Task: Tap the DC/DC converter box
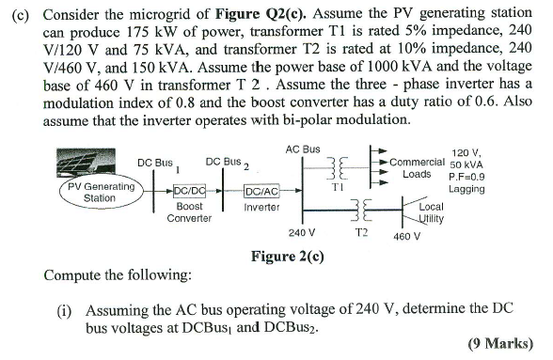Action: (191, 194)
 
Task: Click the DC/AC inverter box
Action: (261, 194)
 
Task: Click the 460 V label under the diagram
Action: (406, 236)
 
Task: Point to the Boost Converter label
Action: (189, 211)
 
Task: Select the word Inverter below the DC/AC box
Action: (261, 207)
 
